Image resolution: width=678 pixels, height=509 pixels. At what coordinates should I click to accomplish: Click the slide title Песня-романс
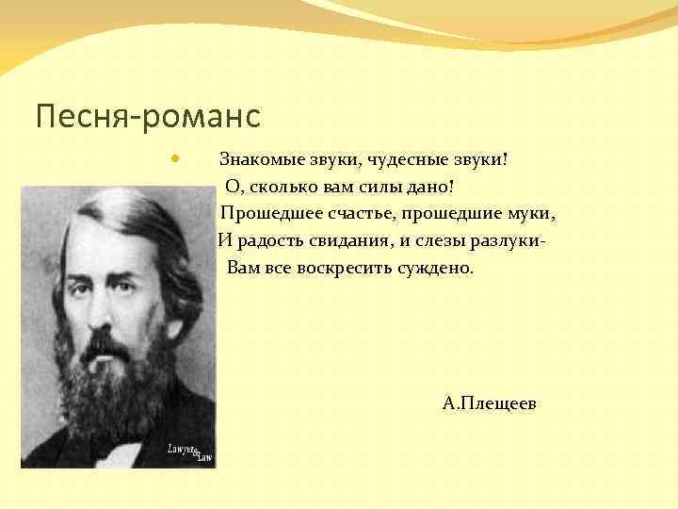click(x=147, y=118)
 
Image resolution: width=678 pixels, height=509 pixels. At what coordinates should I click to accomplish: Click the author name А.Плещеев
click(x=490, y=403)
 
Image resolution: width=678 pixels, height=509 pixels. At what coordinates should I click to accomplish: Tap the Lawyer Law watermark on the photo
click(x=189, y=452)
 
